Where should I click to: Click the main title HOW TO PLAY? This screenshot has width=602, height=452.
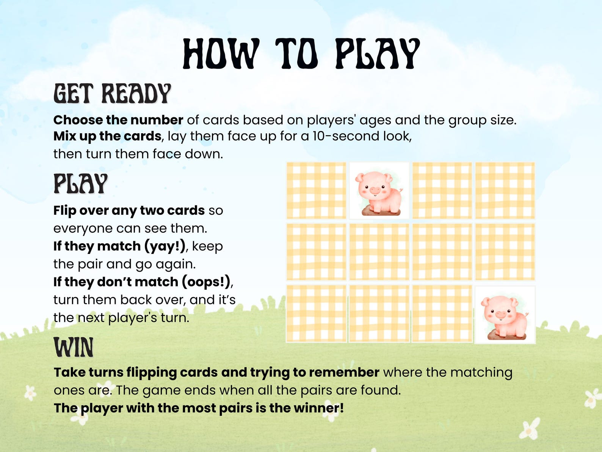point(301,54)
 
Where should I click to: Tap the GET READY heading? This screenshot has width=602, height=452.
point(112,94)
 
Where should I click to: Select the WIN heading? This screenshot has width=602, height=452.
point(74,347)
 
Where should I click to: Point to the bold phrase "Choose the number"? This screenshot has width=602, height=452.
point(118,120)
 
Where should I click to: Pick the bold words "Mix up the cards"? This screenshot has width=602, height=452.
point(107,136)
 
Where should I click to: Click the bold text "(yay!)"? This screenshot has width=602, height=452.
point(165,246)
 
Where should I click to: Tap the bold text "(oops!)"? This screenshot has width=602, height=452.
point(206,282)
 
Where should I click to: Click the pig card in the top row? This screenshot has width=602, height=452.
point(379,191)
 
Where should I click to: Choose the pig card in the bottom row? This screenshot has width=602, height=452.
point(505,315)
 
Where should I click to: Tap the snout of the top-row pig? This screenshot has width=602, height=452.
point(375,190)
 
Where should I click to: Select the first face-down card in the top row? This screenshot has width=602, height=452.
point(316,191)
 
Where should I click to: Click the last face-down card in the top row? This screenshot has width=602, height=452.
point(505,191)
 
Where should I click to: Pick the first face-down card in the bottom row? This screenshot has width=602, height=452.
point(316,314)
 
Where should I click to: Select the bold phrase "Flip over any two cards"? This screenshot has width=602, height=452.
point(129,211)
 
